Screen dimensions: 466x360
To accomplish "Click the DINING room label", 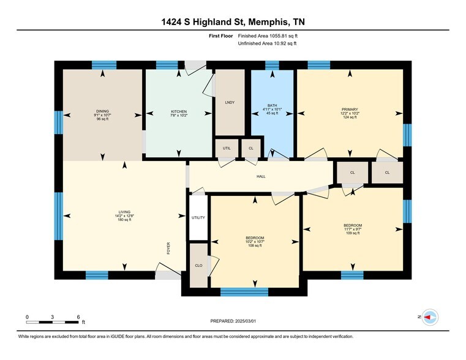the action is click(102, 111).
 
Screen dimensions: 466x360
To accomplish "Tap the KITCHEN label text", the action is click(179, 111).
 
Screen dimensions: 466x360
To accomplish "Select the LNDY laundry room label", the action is click(230, 102).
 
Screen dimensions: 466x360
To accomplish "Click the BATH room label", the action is click(272, 105).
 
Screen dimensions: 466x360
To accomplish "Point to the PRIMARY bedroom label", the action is click(350, 110).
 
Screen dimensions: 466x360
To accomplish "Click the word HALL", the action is click(261, 176).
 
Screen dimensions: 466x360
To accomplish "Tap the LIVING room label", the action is click(124, 212).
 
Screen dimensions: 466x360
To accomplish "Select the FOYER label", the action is click(168, 249).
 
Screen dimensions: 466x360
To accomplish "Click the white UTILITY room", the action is click(198, 218).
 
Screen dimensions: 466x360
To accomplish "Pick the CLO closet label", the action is click(198, 266).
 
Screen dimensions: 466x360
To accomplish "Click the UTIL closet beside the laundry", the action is click(227, 148).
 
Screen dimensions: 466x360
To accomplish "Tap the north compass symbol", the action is click(430, 317).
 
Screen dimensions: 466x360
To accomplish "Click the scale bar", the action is click(52, 322).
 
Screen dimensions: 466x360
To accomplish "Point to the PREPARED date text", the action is click(233, 321).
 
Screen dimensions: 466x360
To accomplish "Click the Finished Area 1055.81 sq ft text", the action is click(268, 36).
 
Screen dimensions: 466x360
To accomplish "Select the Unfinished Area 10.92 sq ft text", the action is click(267, 43).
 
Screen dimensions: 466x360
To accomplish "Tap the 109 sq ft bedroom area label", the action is click(353, 233).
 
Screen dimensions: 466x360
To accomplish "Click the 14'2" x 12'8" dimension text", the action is click(124, 216).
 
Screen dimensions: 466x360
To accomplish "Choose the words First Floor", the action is click(221, 36).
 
